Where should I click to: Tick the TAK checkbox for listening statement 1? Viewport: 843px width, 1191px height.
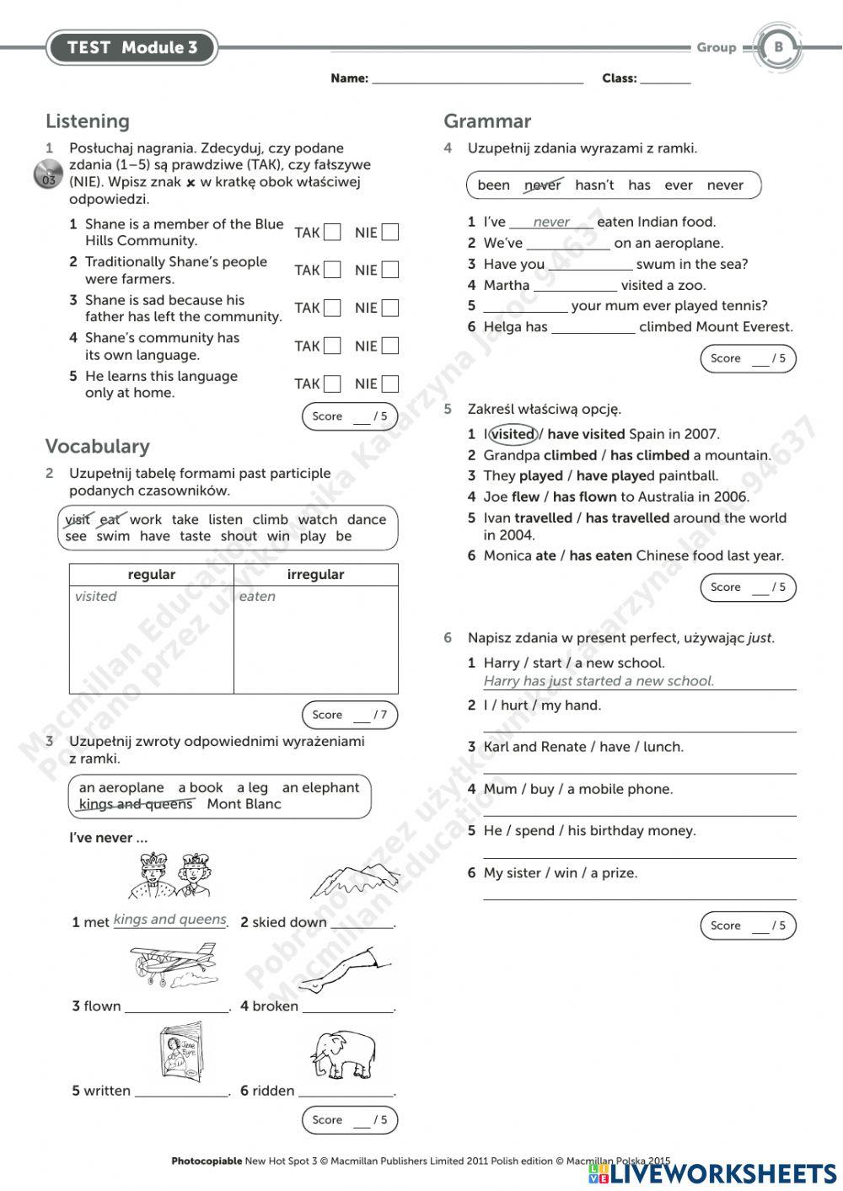point(332,233)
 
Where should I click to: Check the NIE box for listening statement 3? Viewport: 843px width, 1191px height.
point(389,308)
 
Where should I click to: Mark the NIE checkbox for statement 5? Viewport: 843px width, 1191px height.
point(389,384)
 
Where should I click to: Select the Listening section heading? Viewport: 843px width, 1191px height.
point(88,121)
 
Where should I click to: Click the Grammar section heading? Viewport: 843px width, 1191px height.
point(487,121)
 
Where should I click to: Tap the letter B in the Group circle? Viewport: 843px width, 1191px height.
point(778,47)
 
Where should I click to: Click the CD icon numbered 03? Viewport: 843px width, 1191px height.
point(48,175)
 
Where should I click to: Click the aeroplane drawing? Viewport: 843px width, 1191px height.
point(173,965)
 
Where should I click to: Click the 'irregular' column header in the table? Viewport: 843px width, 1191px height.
point(315,575)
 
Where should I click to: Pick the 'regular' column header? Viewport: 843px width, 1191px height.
point(151,575)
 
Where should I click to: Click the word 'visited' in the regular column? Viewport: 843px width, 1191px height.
point(95,597)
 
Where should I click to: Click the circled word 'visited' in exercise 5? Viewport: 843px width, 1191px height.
point(513,434)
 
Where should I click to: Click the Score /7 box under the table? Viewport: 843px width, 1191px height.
point(349,716)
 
